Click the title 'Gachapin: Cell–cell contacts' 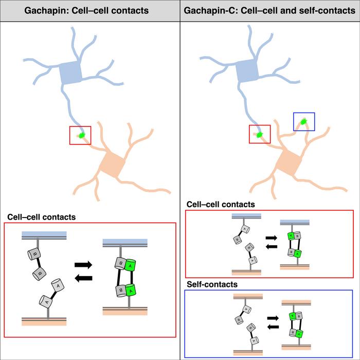(x=90, y=11)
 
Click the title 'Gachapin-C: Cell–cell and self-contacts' (x=269, y=11)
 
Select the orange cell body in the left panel (x=113, y=164)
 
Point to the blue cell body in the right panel (x=247, y=73)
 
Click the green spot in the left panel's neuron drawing (x=82, y=135)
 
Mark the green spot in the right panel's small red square (x=259, y=135)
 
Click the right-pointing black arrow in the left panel (x=83, y=265)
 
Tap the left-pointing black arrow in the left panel (x=83, y=278)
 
